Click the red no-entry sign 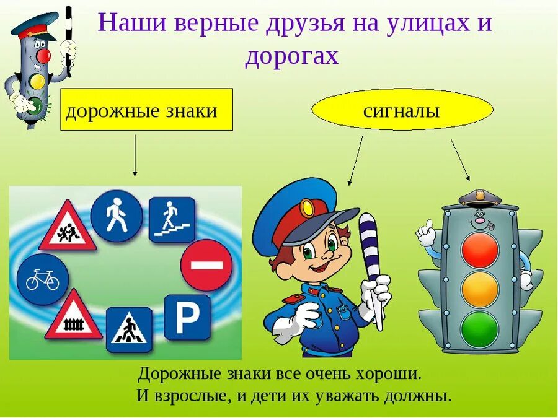tap(206, 265)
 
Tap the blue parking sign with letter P tap(187, 317)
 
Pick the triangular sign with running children tap(68, 227)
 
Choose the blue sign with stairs tap(172, 219)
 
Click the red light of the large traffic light tap(480, 250)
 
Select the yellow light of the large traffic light tap(480, 289)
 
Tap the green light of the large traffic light tap(480, 329)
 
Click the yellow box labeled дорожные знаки tap(146, 110)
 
